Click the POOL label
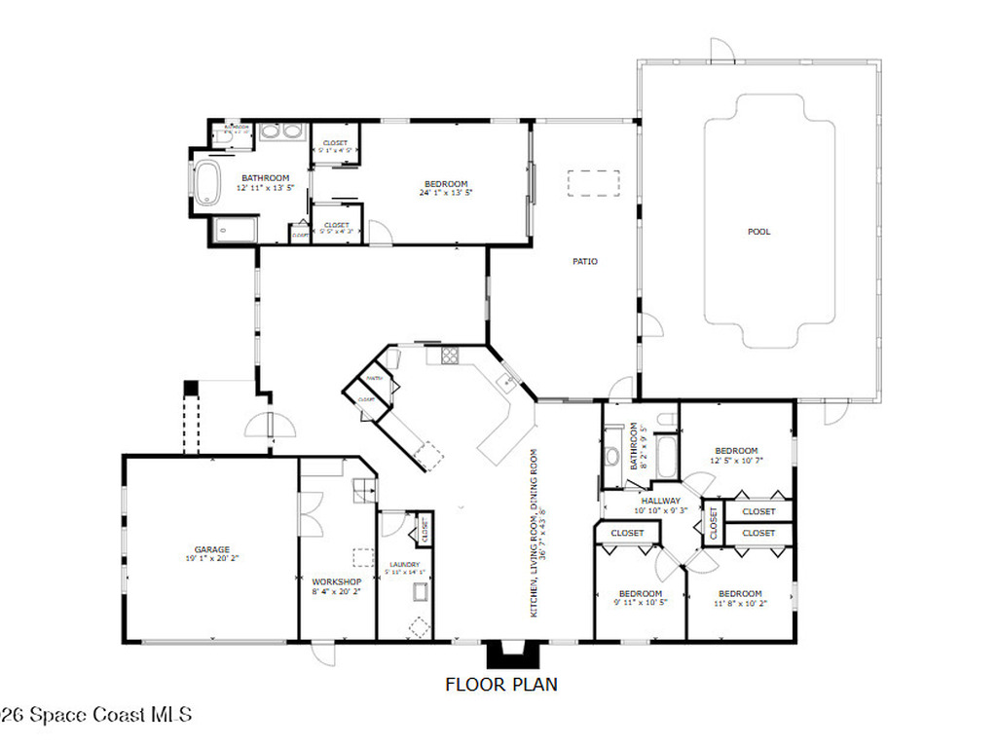click(x=758, y=232)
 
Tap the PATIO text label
click(x=584, y=261)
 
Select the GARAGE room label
click(x=210, y=549)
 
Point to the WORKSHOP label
click(x=336, y=581)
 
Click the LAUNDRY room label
click(x=404, y=565)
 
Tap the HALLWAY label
click(x=660, y=501)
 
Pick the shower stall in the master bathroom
click(x=234, y=230)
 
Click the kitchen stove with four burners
click(x=450, y=355)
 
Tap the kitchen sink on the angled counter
click(x=506, y=381)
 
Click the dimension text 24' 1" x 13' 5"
click(x=446, y=193)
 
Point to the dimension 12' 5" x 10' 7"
click(x=736, y=460)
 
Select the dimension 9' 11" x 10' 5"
click(x=640, y=603)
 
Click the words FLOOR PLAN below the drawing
click(x=501, y=685)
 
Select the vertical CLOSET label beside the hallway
click(x=713, y=523)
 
